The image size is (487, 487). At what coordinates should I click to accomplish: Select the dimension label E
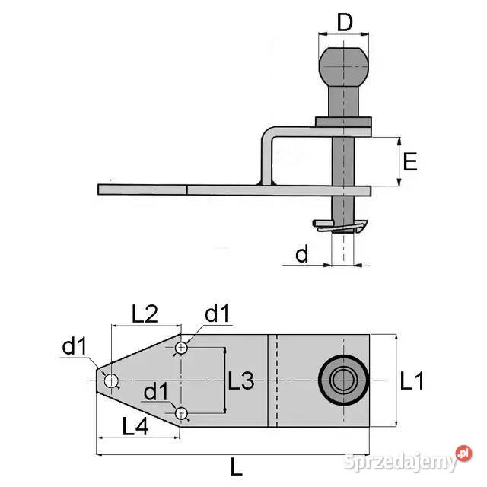[x=410, y=162]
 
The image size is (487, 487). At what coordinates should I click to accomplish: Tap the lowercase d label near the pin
[x=302, y=254]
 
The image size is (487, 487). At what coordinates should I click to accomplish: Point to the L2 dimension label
[x=145, y=313]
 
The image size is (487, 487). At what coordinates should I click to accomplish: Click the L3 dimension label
[x=241, y=381]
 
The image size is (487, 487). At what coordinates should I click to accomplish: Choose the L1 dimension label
[x=412, y=381]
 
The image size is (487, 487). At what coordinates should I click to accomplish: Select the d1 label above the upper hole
[x=217, y=314]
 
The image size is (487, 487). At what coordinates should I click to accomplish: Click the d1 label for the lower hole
[x=157, y=392]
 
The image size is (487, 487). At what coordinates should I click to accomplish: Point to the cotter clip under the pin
[x=340, y=226]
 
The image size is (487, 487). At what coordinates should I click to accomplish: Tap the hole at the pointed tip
[x=111, y=380]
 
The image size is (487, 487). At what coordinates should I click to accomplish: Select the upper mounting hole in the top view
[x=181, y=349]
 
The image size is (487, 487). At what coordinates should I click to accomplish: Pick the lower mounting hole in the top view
[x=181, y=413]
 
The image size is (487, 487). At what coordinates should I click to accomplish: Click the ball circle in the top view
[x=344, y=378]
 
